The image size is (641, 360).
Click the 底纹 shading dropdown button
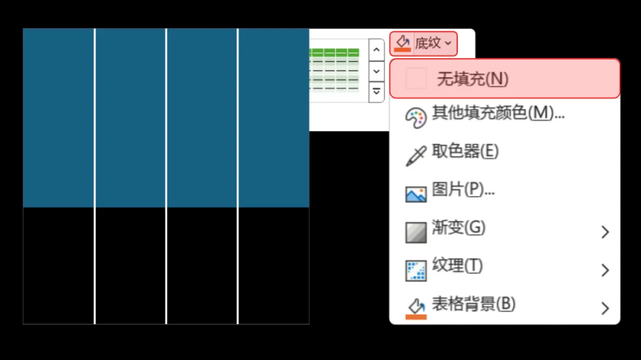(x=423, y=43)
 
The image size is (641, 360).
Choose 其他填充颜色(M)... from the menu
(x=497, y=113)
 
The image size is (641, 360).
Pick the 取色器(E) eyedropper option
(x=465, y=151)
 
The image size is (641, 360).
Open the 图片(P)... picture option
(x=463, y=190)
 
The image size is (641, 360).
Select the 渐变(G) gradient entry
(x=458, y=228)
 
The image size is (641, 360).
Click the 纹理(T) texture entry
(x=457, y=266)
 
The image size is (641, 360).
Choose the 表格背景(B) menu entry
(x=473, y=305)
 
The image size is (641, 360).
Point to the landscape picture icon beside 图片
(x=415, y=194)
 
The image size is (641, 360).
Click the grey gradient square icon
(x=415, y=232)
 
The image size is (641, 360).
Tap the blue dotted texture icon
(x=415, y=270)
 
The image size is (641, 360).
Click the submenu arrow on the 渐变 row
(x=605, y=232)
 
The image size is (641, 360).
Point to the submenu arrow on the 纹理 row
(x=605, y=270)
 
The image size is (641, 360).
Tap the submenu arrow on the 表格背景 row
(x=605, y=308)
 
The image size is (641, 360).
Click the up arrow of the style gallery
(x=376, y=50)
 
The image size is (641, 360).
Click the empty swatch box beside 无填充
(x=415, y=78)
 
